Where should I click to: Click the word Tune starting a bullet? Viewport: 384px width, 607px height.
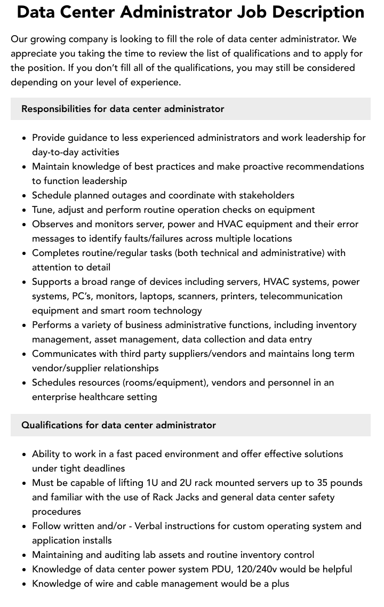coord(43,210)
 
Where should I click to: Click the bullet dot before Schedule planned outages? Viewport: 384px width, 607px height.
coord(25,196)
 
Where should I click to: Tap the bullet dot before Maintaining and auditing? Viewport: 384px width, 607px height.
coord(25,555)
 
